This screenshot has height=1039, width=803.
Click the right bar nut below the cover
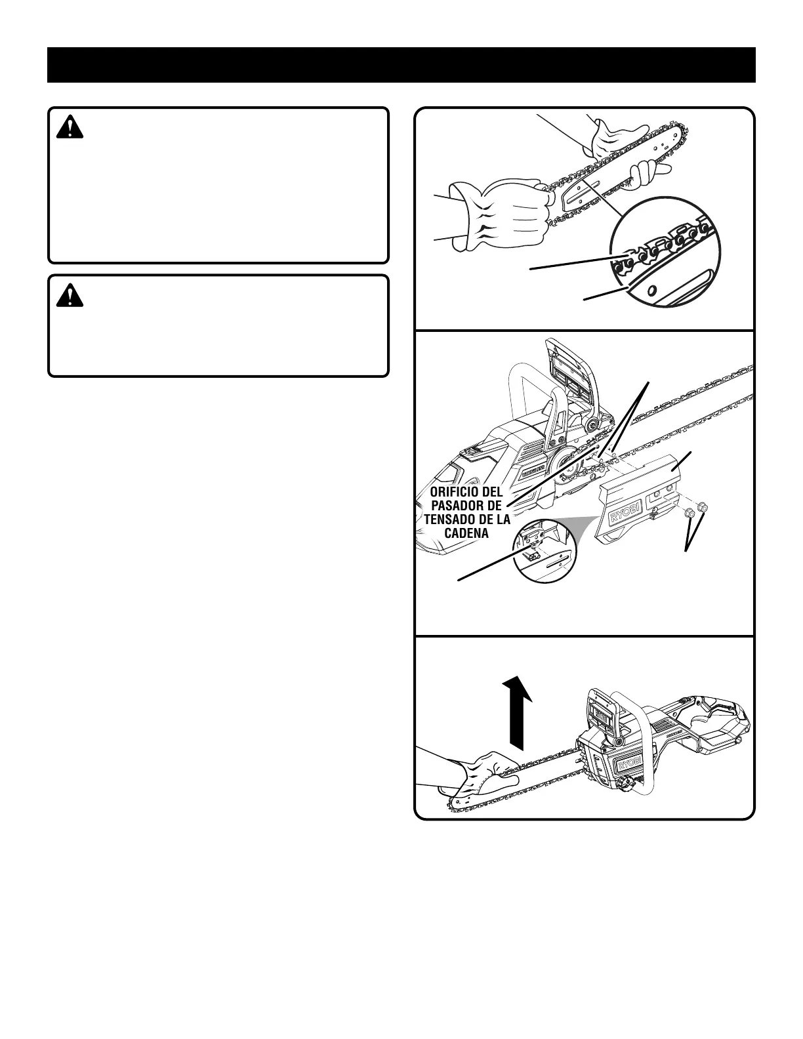(703, 506)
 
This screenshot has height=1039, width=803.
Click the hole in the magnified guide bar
(653, 289)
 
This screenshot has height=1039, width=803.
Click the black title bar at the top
(401, 65)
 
